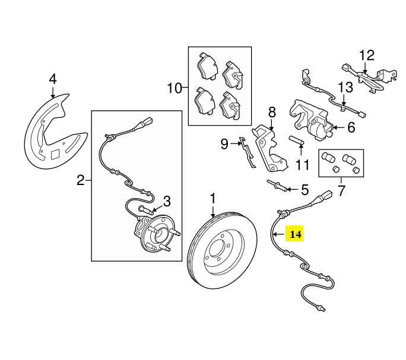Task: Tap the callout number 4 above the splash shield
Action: click(x=53, y=79)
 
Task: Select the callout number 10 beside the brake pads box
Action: click(x=175, y=88)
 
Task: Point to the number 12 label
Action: click(x=367, y=55)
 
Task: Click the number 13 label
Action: click(x=345, y=87)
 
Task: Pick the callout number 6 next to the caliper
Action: click(x=351, y=128)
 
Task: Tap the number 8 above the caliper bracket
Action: click(x=272, y=113)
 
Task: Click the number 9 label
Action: click(x=224, y=144)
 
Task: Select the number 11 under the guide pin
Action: click(x=303, y=165)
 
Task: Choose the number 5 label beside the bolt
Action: click(x=305, y=190)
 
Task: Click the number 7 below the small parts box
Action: click(x=341, y=191)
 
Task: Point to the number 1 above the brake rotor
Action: click(x=212, y=199)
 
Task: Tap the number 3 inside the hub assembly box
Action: click(x=167, y=201)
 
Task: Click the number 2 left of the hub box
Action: click(x=81, y=180)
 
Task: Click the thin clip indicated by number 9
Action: click(x=247, y=152)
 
